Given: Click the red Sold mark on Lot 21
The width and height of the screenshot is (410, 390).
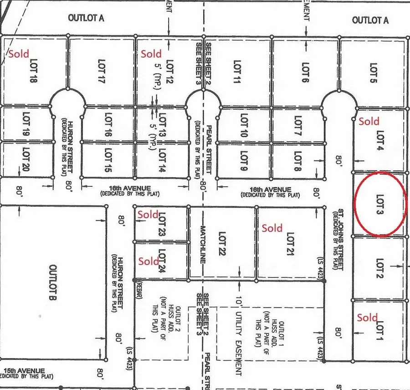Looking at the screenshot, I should click(272, 228).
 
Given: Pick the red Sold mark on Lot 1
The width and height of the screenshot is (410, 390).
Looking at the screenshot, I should click(367, 318).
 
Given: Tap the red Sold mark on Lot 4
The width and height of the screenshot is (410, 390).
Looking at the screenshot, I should click(369, 121).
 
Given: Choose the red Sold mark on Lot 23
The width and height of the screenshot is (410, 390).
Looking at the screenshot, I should click(148, 214).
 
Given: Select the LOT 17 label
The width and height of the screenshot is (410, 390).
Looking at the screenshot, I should click(102, 72).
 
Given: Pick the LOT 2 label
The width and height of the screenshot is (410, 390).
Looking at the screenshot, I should click(380, 269).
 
